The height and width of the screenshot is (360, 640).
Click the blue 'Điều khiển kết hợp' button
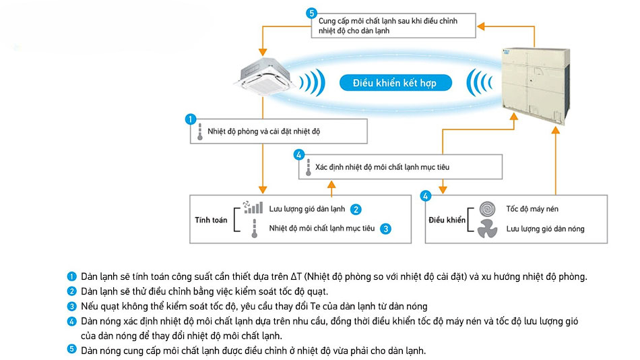395,83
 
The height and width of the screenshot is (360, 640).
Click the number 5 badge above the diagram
311,13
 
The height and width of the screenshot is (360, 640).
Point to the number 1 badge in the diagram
191,119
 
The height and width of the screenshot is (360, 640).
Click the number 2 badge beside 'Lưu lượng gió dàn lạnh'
356,209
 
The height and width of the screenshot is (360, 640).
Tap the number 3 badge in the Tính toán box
385,229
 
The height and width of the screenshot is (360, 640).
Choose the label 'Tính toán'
211,220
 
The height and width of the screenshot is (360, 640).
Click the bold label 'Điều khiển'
447,220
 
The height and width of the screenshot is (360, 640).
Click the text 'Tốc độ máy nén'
532,209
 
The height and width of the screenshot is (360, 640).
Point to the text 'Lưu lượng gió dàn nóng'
545,229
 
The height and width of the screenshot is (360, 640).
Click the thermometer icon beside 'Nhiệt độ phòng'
200,131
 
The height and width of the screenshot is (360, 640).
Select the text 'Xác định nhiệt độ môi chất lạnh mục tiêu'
382,166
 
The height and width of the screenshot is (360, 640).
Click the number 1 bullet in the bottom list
72,277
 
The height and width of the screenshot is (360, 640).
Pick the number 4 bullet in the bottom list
72,322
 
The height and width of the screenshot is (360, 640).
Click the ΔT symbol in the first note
296,277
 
